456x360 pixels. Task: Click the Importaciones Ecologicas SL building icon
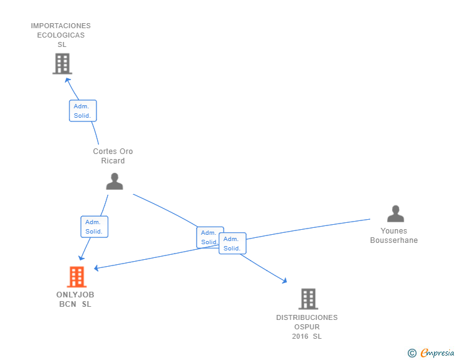tap(62, 64)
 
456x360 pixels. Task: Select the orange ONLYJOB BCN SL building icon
tap(76, 277)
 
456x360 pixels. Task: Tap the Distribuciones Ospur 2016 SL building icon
tap(308, 299)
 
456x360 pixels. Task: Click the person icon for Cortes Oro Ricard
tap(115, 181)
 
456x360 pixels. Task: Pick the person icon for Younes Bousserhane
tap(395, 214)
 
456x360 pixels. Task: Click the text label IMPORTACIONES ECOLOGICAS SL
tap(61, 35)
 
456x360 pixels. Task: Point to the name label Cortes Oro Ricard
tap(113, 156)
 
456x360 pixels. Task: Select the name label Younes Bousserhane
tap(393, 235)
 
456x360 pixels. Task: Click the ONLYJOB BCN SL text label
tap(75, 299)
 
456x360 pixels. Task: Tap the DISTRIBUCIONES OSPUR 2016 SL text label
tap(307, 327)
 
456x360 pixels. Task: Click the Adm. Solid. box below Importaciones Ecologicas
tap(83, 111)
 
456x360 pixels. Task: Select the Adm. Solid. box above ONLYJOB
tap(94, 227)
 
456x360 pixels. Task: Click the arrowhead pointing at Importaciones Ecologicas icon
tap(68, 80)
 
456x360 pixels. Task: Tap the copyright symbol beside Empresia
tap(412, 353)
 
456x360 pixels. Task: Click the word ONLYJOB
tap(75, 294)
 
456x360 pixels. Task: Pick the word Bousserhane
tap(393, 240)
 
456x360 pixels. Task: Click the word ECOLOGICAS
tap(61, 35)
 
